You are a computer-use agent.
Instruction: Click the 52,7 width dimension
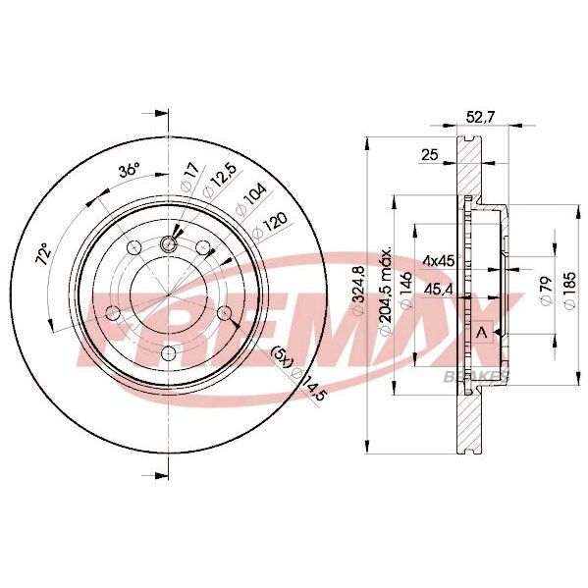(480, 118)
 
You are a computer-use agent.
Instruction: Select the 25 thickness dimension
(430, 154)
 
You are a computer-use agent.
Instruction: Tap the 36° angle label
(130, 171)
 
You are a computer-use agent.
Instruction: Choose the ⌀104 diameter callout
(250, 200)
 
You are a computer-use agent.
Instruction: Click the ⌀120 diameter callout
(270, 226)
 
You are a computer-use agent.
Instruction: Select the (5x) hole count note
(282, 357)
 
